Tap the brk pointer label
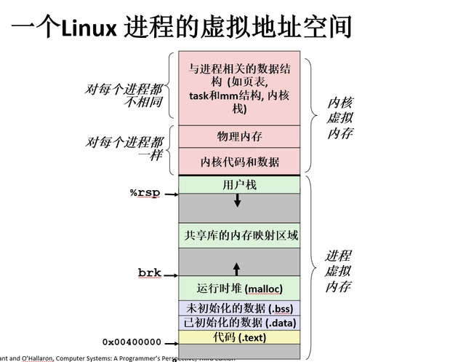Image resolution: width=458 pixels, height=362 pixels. tap(149, 273)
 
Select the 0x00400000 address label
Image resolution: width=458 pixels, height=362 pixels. tap(131, 341)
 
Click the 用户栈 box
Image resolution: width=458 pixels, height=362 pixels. tap(239, 185)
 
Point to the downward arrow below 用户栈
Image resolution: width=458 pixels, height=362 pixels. tap(237, 200)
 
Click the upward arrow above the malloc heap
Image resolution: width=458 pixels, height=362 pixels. tap(236, 269)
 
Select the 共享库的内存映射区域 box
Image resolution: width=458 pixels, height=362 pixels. tap(239, 235)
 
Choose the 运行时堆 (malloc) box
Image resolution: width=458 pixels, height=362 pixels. tap(239, 288)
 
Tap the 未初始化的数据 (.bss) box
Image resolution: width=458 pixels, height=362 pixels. tap(239, 308)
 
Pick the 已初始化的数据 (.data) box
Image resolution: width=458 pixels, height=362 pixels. tap(239, 323)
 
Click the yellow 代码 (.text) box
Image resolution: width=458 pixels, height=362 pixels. tap(239, 337)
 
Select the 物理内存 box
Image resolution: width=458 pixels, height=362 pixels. tap(239, 136)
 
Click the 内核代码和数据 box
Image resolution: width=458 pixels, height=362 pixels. tap(239, 161)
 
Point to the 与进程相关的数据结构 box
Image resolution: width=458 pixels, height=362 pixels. tap(239, 88)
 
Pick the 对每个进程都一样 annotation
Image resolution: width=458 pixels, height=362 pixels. tap(124, 149)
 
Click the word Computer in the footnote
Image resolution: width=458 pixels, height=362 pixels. tap(89, 358)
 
